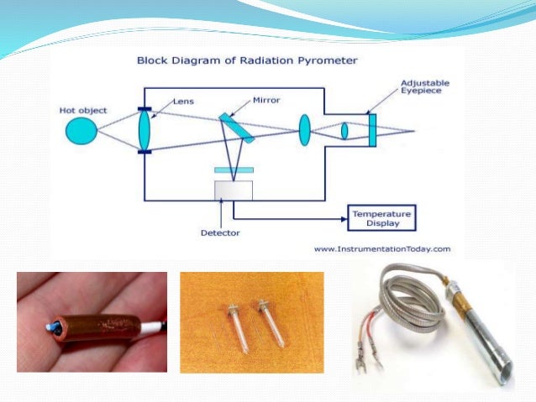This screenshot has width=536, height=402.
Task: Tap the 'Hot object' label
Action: pyautogui.click(x=77, y=110)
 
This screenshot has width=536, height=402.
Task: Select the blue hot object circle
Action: pyautogui.click(x=81, y=131)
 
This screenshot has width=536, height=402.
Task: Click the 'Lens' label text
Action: pyautogui.click(x=184, y=101)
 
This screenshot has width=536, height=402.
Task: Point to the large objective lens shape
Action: pyautogui.click(x=145, y=130)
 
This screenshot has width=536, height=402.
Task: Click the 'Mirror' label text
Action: pyautogui.click(x=266, y=100)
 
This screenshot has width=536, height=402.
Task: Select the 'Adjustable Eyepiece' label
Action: pyautogui.click(x=425, y=88)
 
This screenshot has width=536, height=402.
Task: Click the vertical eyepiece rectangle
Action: pyautogui.click(x=371, y=131)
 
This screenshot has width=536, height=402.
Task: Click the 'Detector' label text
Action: pyautogui.click(x=219, y=232)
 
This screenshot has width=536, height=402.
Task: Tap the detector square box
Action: pyautogui.click(x=233, y=190)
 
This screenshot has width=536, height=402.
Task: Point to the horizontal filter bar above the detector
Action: pyautogui.click(x=234, y=170)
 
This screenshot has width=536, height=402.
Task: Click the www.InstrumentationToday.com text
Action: pyautogui.click(x=382, y=248)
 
